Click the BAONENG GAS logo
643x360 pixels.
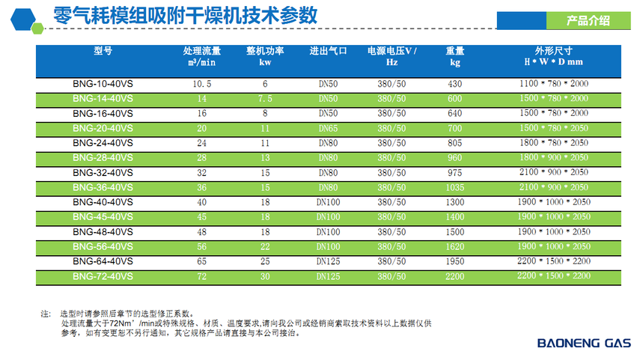tap(585, 344)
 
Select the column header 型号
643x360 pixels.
tap(103, 51)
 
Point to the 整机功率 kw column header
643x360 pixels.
tap(265, 56)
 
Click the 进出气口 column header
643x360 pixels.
tap(329, 51)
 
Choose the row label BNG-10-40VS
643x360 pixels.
tap(103, 85)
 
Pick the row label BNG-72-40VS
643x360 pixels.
tap(103, 276)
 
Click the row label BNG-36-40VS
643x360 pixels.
tap(103, 187)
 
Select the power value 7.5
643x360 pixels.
tap(265, 99)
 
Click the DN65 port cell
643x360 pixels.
tap(329, 129)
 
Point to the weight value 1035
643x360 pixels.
tap(455, 187)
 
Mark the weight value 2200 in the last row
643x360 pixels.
tap(455, 276)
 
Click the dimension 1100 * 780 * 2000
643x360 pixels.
tap(553, 85)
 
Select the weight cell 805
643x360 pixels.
tap(455, 143)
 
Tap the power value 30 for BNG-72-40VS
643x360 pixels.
tap(265, 276)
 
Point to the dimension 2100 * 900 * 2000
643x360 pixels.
tap(553, 173)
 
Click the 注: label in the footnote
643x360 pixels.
tap(46, 314)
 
